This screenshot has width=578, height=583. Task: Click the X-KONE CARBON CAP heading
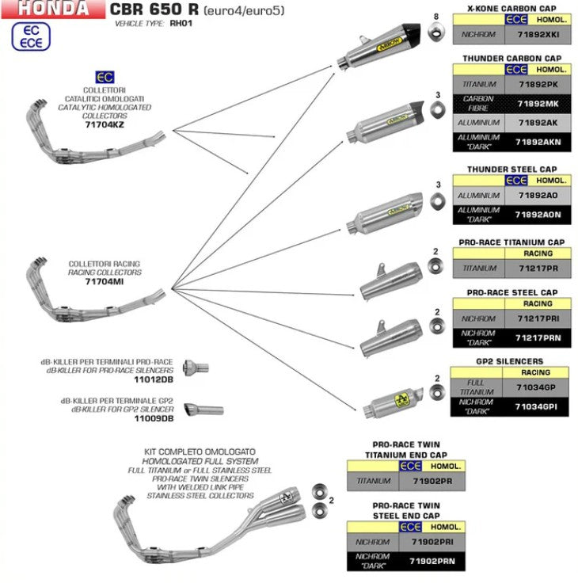pos(511,6)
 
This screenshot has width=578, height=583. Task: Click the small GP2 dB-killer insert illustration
pos(203,410)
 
